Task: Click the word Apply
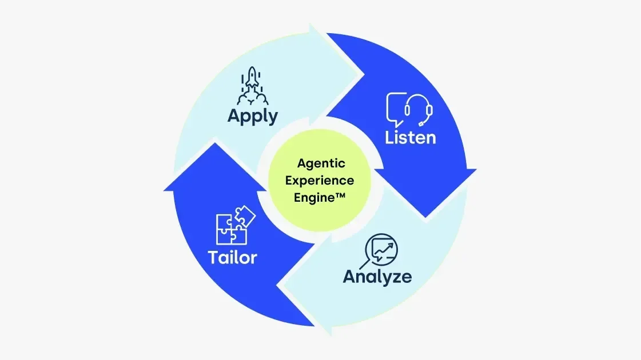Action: click(252, 116)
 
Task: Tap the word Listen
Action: click(410, 137)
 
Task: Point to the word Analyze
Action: click(377, 277)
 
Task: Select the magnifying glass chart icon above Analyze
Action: click(381, 250)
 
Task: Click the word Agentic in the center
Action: click(321, 163)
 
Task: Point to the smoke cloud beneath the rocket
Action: click(252, 98)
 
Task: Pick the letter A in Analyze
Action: click(350, 277)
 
